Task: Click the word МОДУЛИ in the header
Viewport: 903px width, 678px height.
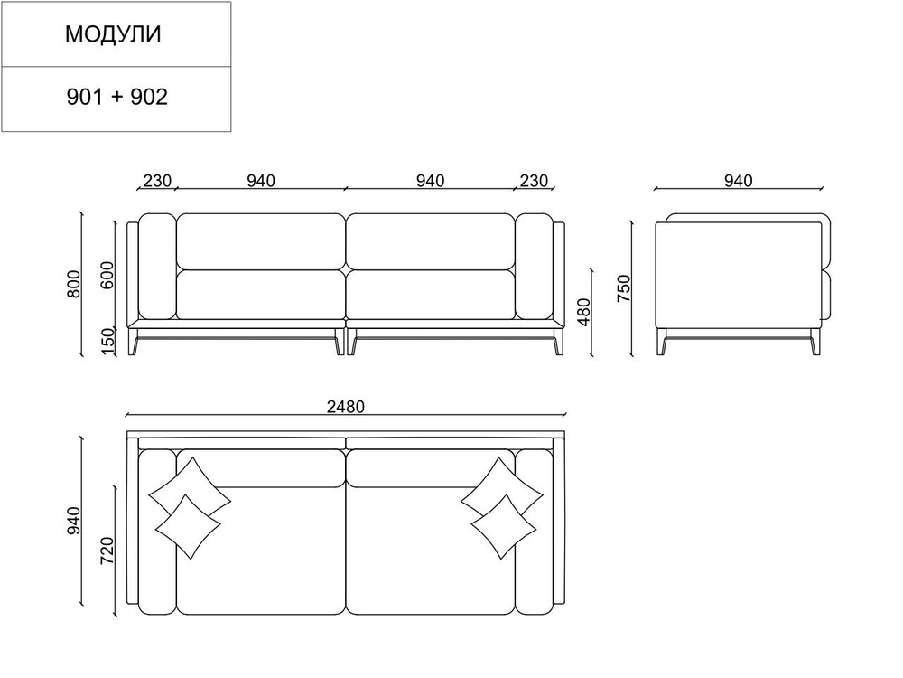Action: [113, 34]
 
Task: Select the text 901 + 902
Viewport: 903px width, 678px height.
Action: [116, 97]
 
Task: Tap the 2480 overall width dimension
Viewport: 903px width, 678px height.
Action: [346, 407]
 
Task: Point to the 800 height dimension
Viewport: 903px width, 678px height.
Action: [74, 284]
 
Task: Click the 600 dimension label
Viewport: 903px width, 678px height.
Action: [107, 276]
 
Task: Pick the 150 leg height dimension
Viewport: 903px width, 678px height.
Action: [107, 342]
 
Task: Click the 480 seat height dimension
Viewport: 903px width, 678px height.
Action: [584, 312]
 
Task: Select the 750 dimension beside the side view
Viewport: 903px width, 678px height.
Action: [624, 288]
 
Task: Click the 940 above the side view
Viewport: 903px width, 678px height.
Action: [738, 181]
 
